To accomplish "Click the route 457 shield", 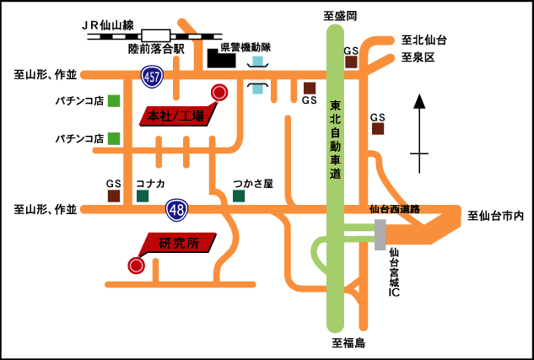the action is point(152,78).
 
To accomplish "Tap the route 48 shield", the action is point(177,211).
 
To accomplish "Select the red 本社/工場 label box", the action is point(178,115).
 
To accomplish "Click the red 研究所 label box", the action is point(177,243).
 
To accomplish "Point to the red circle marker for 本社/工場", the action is point(219,92).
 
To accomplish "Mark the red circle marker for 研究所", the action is point(136,265).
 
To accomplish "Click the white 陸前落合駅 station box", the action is point(155,36).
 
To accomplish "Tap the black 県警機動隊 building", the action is point(221,58).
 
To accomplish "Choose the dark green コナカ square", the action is point(143,196).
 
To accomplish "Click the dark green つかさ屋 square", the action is point(239,196).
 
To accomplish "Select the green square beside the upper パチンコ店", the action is point(114,101).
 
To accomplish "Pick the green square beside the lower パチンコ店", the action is point(114,138).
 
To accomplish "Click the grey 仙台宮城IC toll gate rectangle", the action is point(380,234).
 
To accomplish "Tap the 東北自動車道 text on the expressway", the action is point(336,140).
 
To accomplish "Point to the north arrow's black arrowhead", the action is point(419,101).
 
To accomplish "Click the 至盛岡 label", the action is point(340,16).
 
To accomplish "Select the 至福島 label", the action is point(348,343).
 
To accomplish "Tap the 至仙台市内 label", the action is point(495,216).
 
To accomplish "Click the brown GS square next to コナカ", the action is point(114,196).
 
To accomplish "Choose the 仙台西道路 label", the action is point(395,210).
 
